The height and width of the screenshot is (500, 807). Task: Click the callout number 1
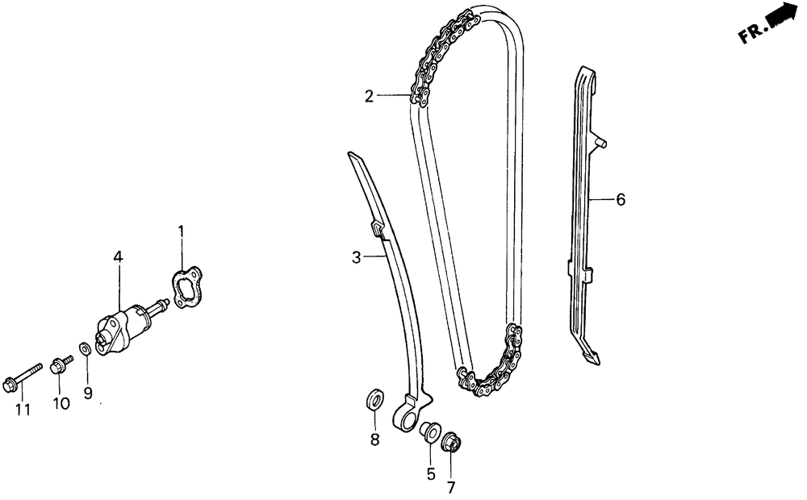click(x=181, y=233)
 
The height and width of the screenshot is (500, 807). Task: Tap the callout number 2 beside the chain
click(x=369, y=97)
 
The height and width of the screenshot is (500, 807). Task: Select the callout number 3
click(x=356, y=257)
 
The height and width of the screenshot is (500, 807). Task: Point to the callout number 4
click(x=118, y=257)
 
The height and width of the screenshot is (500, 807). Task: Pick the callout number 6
click(x=620, y=199)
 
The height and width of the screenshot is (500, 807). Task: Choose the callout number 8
click(x=374, y=440)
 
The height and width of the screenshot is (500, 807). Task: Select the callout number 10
click(x=61, y=403)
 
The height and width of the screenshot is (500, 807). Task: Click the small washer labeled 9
click(x=85, y=349)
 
